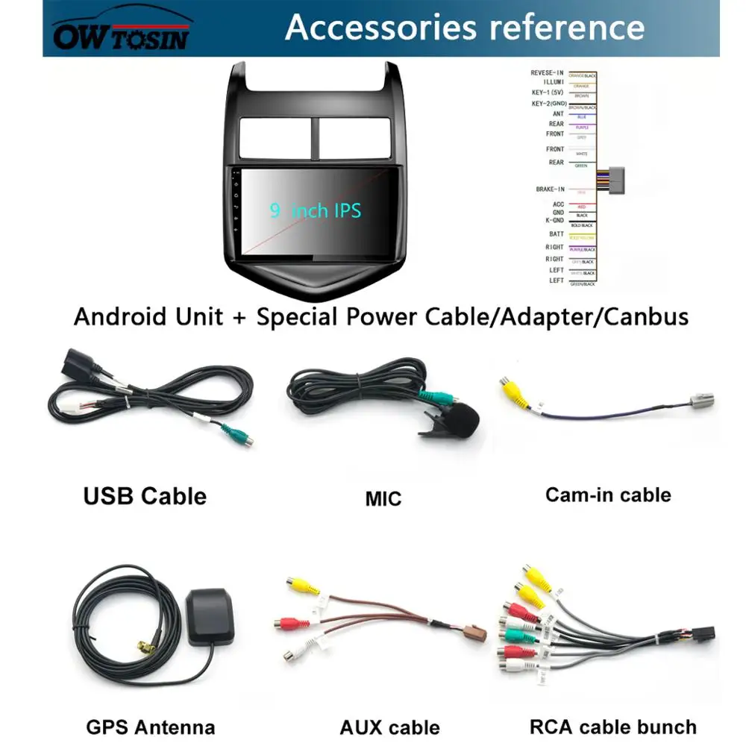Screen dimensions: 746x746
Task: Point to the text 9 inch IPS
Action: pyautogui.click(x=316, y=210)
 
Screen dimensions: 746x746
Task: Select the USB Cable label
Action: pyautogui.click(x=145, y=495)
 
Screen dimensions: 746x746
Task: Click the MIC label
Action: pyautogui.click(x=383, y=498)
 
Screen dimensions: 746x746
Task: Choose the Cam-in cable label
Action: pyautogui.click(x=608, y=495)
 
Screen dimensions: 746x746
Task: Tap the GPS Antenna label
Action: pyautogui.click(x=151, y=727)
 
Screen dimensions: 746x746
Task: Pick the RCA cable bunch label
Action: pyautogui.click(x=613, y=726)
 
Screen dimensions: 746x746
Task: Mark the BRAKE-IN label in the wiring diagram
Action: pyautogui.click(x=549, y=189)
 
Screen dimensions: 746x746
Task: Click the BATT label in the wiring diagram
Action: pyautogui.click(x=557, y=234)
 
